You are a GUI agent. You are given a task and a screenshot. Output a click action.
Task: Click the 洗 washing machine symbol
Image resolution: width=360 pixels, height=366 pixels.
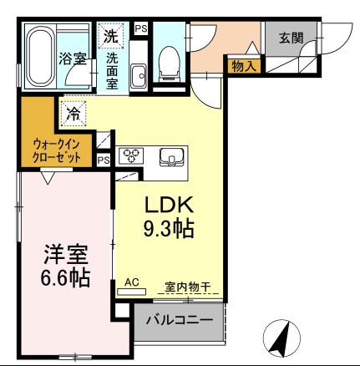111,36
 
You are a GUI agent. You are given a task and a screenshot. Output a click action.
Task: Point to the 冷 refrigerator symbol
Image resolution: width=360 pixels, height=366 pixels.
73,110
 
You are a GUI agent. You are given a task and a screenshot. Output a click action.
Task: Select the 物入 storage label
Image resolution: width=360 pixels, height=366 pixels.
244,64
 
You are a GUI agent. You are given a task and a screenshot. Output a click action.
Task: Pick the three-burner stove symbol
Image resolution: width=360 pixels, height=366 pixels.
131,155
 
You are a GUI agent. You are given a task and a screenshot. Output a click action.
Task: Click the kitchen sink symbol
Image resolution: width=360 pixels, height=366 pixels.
174,155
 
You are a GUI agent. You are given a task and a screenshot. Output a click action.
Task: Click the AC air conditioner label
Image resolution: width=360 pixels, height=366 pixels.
131,283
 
